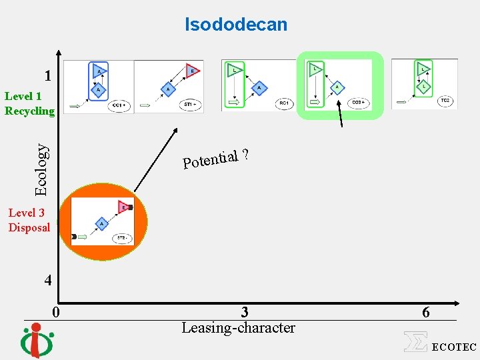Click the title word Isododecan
236,25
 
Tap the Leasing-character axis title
238,328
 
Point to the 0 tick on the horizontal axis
57,312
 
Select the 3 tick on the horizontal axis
245,312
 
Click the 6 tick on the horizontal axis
425,312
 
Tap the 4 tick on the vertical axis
47,280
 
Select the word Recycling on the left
29,110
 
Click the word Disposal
29,227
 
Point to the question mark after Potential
246,155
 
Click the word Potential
211,159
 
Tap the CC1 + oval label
120,105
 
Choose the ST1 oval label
191,104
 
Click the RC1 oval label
284,103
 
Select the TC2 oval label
445,101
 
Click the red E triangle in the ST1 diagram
193,70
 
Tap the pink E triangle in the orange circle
123,207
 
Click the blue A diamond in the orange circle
101,224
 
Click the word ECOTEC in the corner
454,347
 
